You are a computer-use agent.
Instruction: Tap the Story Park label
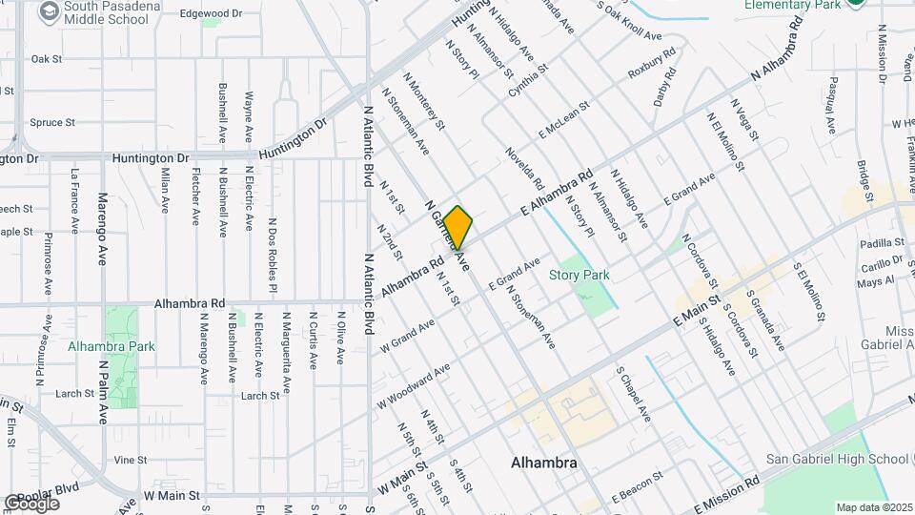[x=579, y=275]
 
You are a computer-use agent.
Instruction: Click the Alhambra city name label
[x=544, y=463]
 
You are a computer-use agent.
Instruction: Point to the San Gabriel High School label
[x=837, y=459]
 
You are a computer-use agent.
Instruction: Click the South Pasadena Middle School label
[x=100, y=11]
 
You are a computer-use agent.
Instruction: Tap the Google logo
[x=30, y=504]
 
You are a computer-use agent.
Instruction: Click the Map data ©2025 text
[x=872, y=506]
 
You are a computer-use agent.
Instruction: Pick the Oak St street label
[x=46, y=59]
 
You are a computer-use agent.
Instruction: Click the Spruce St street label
[x=51, y=122]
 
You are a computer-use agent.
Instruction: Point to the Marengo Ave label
[x=103, y=229]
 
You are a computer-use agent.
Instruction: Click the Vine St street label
[x=129, y=459]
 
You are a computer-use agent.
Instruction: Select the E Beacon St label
[x=637, y=486]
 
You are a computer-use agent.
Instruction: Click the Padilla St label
[x=874, y=244]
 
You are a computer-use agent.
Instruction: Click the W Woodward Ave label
[x=412, y=385]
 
